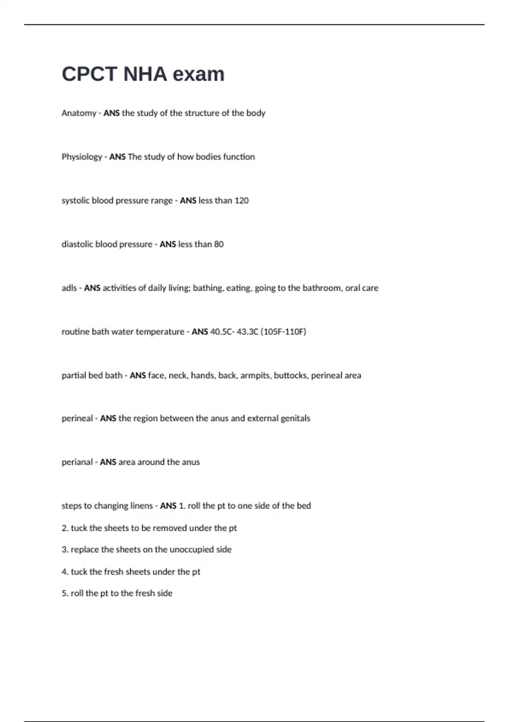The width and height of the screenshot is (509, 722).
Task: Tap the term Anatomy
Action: pos(79,113)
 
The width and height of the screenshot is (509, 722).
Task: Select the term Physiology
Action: pos(81,157)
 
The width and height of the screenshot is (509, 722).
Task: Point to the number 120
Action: pos(241,200)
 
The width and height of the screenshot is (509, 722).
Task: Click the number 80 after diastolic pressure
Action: pos(218,244)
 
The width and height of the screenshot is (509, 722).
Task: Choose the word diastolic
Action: pos(77,244)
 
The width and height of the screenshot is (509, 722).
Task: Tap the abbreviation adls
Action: pos(69,288)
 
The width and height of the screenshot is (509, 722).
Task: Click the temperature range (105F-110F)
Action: pos(283,332)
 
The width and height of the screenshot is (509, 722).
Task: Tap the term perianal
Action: pos(77,462)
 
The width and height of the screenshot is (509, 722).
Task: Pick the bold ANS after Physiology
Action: pos(117,157)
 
